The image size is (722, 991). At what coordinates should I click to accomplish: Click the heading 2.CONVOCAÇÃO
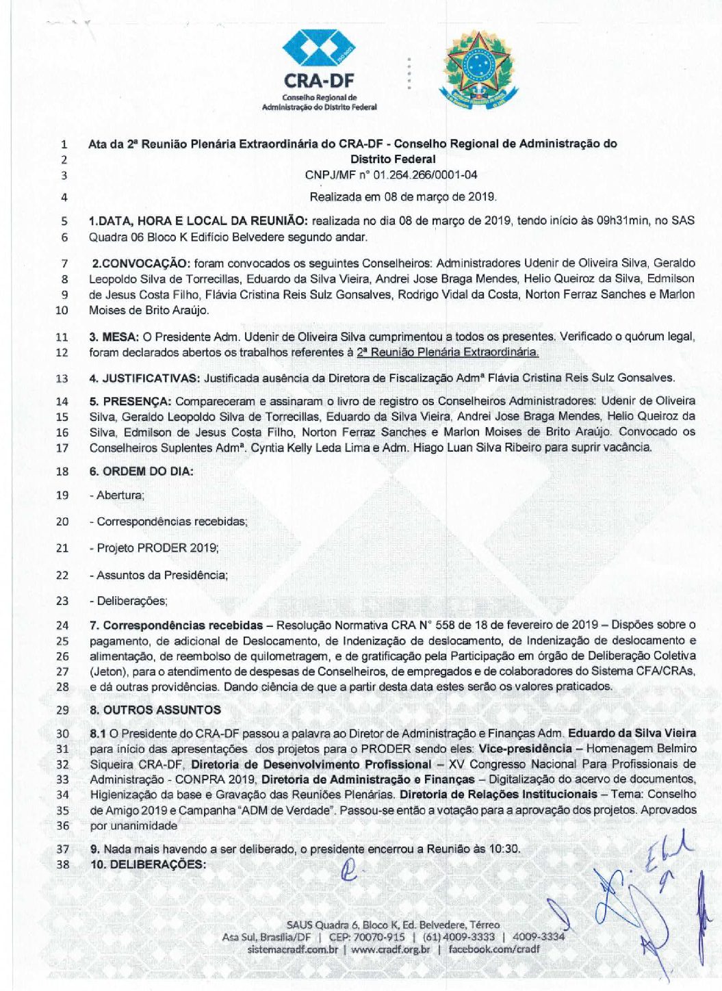pos(140,263)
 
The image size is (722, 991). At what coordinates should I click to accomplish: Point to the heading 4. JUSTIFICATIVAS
pos(144,378)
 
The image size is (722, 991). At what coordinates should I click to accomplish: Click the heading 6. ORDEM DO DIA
pos(142,472)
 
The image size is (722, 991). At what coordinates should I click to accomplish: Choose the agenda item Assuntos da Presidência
pos(162,576)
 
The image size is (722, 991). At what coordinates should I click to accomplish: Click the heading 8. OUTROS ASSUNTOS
pos(155,710)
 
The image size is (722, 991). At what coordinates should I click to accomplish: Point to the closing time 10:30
pos(504,849)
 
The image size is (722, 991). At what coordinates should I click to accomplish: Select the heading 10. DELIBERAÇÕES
pos(148,864)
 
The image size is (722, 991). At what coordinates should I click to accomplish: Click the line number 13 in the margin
pos(62,378)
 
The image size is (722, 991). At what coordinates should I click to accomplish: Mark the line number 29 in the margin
pos(62,710)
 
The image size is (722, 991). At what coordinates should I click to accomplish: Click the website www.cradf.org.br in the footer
pos(390,949)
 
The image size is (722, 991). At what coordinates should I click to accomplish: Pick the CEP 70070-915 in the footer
pos(376,937)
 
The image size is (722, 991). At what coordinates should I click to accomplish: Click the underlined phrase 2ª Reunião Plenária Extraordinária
pos(448,352)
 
